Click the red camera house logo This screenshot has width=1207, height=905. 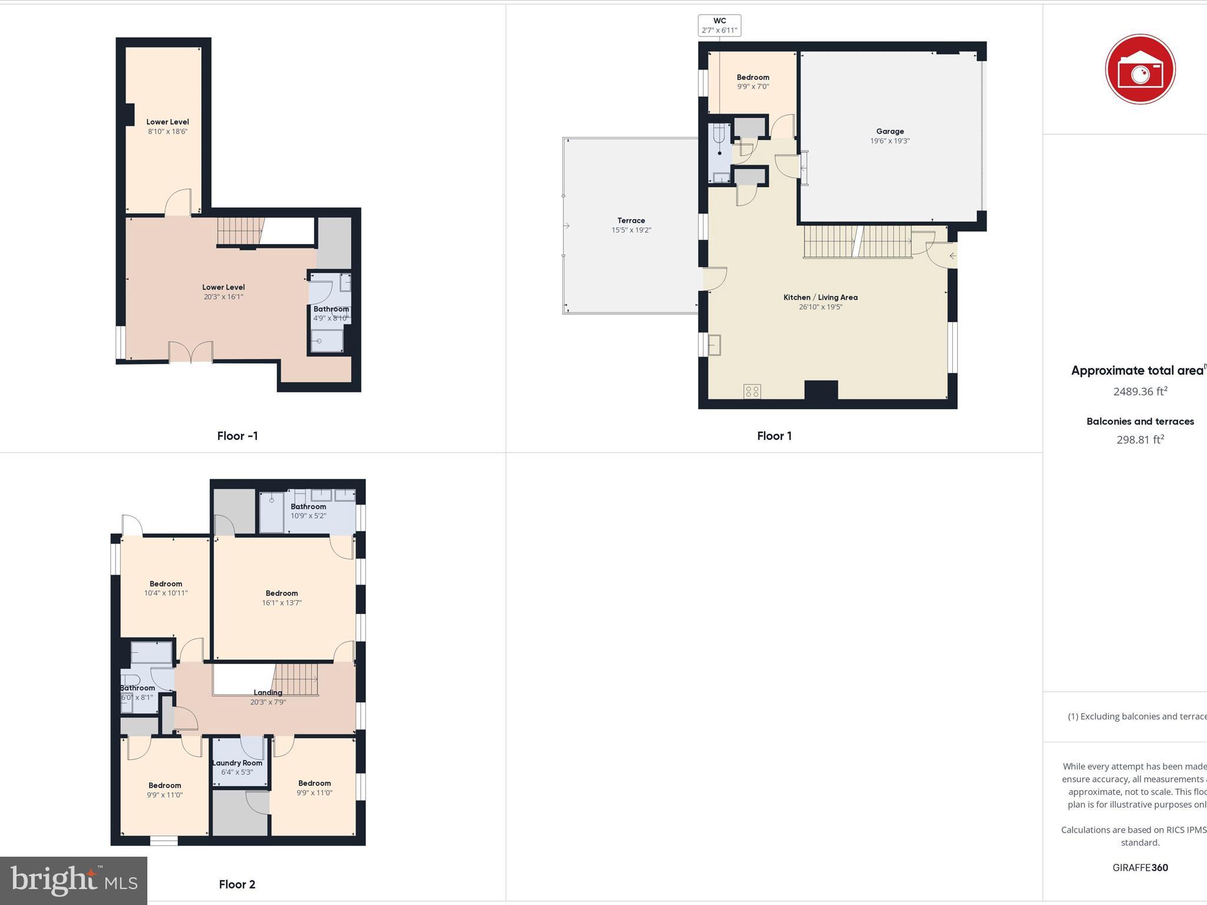coord(1140,70)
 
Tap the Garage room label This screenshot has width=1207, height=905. coord(889,131)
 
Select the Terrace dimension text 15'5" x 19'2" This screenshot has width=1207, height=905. coord(631,230)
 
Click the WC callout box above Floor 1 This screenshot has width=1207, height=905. coord(719,25)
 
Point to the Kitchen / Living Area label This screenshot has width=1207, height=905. coord(820,298)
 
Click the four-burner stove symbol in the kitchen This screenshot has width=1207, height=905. coord(752,391)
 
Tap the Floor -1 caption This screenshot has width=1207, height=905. coord(237,436)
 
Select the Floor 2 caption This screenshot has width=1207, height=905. coord(237,884)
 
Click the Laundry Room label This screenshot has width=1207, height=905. coord(237,763)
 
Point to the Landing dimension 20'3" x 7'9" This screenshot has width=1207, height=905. coord(268,702)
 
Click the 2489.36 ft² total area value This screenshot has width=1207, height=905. coord(1140,391)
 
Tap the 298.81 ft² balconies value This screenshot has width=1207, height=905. coord(1140,440)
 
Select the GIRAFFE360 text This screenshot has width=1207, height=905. coord(1140,867)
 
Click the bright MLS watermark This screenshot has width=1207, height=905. coord(74,881)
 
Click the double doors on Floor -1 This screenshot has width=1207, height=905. coord(190,352)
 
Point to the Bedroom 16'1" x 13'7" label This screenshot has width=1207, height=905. coord(282,593)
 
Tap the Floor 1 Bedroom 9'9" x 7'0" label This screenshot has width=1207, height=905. coord(753,77)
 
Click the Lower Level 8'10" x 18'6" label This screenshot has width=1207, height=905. coord(167,122)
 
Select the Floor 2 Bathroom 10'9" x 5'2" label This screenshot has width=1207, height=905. coord(308,507)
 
